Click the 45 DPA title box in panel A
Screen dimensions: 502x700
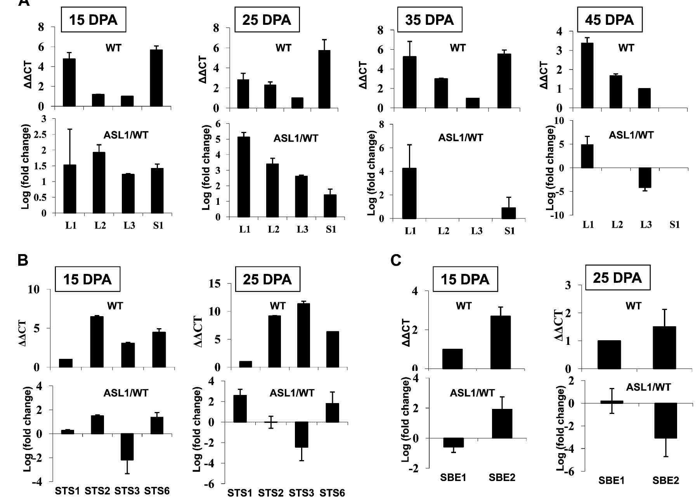pos(609,20)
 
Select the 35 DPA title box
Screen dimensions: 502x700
pos(429,20)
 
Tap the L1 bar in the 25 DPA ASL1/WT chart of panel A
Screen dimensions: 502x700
pos(244,177)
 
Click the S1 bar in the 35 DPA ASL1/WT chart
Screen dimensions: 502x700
pos(508,213)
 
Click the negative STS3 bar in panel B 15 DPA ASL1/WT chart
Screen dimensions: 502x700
pos(126,447)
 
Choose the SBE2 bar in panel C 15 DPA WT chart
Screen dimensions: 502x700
pos(501,342)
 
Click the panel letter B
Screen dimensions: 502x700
pos(23,260)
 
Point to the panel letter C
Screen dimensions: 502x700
pos(395,261)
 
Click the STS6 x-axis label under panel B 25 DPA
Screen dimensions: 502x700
pos(332,493)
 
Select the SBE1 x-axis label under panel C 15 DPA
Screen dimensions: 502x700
pos(453,478)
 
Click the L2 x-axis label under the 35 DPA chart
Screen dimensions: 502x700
pos(444,231)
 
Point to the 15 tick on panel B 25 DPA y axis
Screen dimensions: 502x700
pos(214,284)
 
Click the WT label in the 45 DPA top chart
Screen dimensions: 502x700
pos(625,48)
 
